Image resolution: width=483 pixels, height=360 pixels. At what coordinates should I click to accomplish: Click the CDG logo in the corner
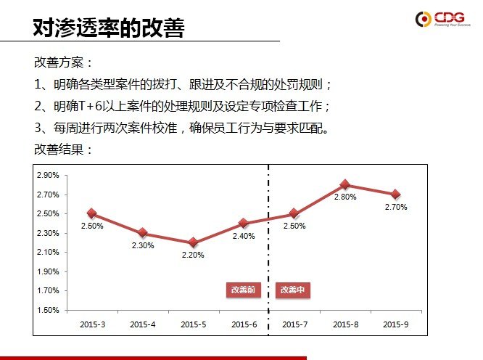click(443, 20)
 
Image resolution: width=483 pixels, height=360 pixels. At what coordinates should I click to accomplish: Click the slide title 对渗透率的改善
click(109, 28)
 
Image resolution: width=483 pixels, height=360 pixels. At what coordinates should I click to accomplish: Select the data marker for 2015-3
click(92, 213)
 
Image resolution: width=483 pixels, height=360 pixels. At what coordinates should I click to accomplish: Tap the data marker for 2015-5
click(193, 242)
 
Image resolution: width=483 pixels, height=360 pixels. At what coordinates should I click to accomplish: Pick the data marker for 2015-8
click(345, 184)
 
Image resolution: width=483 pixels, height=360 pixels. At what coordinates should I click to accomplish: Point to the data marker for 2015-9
click(395, 195)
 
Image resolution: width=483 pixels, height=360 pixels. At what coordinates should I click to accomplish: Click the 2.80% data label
click(345, 197)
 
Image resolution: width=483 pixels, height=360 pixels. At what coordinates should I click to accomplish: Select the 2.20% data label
click(193, 255)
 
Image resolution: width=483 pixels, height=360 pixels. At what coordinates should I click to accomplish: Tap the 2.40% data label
click(244, 236)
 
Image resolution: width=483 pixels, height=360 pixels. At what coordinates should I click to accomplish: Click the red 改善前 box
click(243, 290)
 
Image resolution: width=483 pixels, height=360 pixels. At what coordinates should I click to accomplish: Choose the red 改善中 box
click(293, 290)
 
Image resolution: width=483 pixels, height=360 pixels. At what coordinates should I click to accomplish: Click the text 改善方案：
click(64, 62)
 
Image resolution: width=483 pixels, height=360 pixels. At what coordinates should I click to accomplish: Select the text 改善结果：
click(64, 150)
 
